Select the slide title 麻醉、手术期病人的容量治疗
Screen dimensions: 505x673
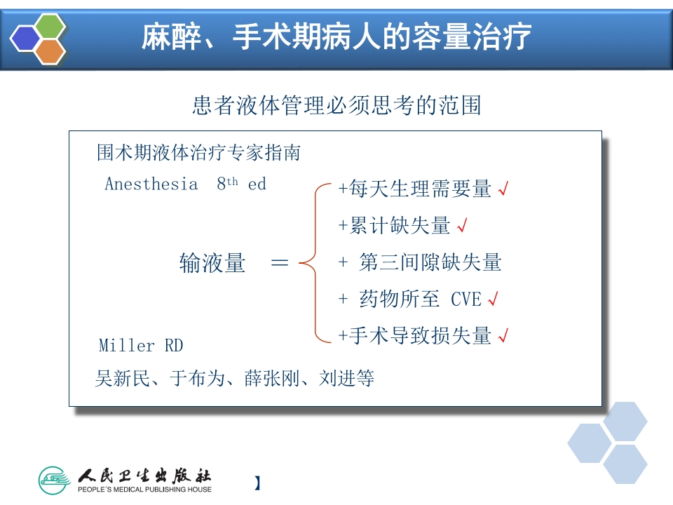pyautogui.click(x=336, y=36)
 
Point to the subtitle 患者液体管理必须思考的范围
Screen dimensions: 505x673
pyautogui.click(x=336, y=106)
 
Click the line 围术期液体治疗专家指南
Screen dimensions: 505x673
pyautogui.click(x=198, y=152)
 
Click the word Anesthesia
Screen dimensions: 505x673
pyautogui.click(x=151, y=184)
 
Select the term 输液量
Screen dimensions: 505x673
pyautogui.click(x=212, y=263)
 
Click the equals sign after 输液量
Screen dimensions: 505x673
pyautogui.click(x=279, y=263)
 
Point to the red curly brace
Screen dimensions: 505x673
pyautogui.click(x=315, y=263)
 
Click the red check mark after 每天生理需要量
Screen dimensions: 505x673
pyautogui.click(x=502, y=189)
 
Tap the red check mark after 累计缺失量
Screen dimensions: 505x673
pyautogui.click(x=461, y=226)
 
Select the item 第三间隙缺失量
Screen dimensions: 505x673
pyautogui.click(x=430, y=263)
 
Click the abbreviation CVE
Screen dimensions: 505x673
pyautogui.click(x=465, y=299)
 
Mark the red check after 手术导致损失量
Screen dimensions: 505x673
pyautogui.click(x=502, y=336)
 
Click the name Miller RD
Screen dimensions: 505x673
pyautogui.click(x=140, y=346)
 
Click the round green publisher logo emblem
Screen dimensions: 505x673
pyautogui.click(x=55, y=480)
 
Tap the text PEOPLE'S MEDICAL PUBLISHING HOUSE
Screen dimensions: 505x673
pyautogui.click(x=144, y=490)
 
